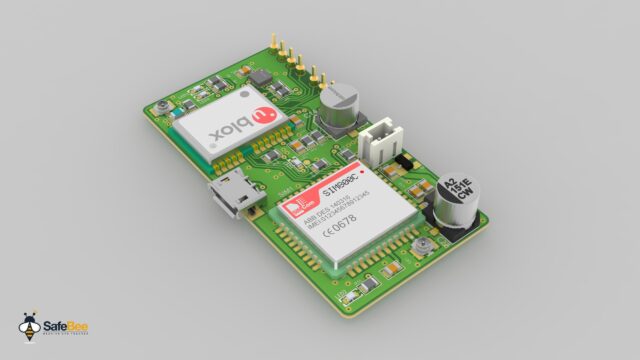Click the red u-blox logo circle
262,117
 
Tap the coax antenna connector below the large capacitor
424,245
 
